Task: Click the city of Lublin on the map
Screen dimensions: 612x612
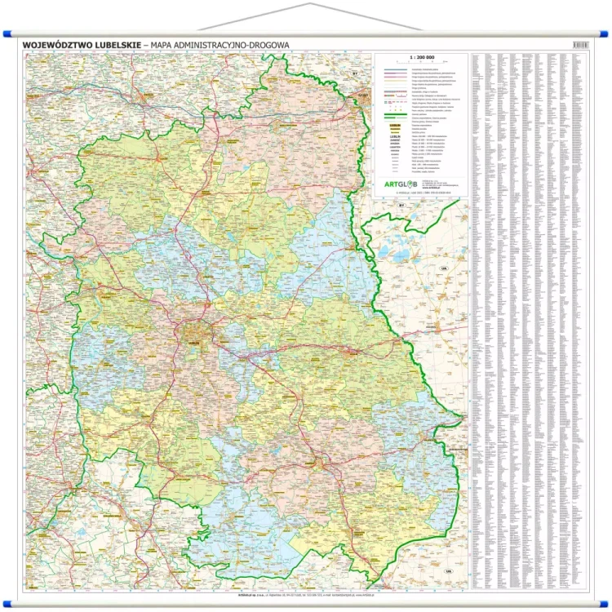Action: click(196, 330)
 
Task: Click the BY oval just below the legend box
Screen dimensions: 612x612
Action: click(401, 204)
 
